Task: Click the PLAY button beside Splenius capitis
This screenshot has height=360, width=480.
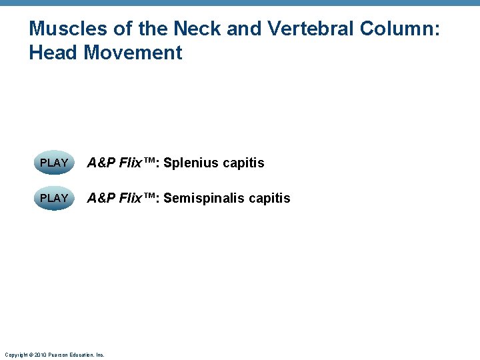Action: [54, 163]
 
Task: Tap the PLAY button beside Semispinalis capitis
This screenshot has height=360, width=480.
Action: [54, 198]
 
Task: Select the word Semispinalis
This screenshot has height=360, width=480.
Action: [203, 198]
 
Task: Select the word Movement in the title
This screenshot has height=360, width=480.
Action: [133, 52]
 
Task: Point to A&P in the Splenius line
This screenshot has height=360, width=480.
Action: [101, 163]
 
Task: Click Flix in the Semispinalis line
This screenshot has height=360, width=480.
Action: [131, 198]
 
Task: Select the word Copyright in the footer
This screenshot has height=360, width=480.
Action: [15, 355]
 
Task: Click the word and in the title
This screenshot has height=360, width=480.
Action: [244, 29]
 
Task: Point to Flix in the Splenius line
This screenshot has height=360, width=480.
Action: [131, 163]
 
